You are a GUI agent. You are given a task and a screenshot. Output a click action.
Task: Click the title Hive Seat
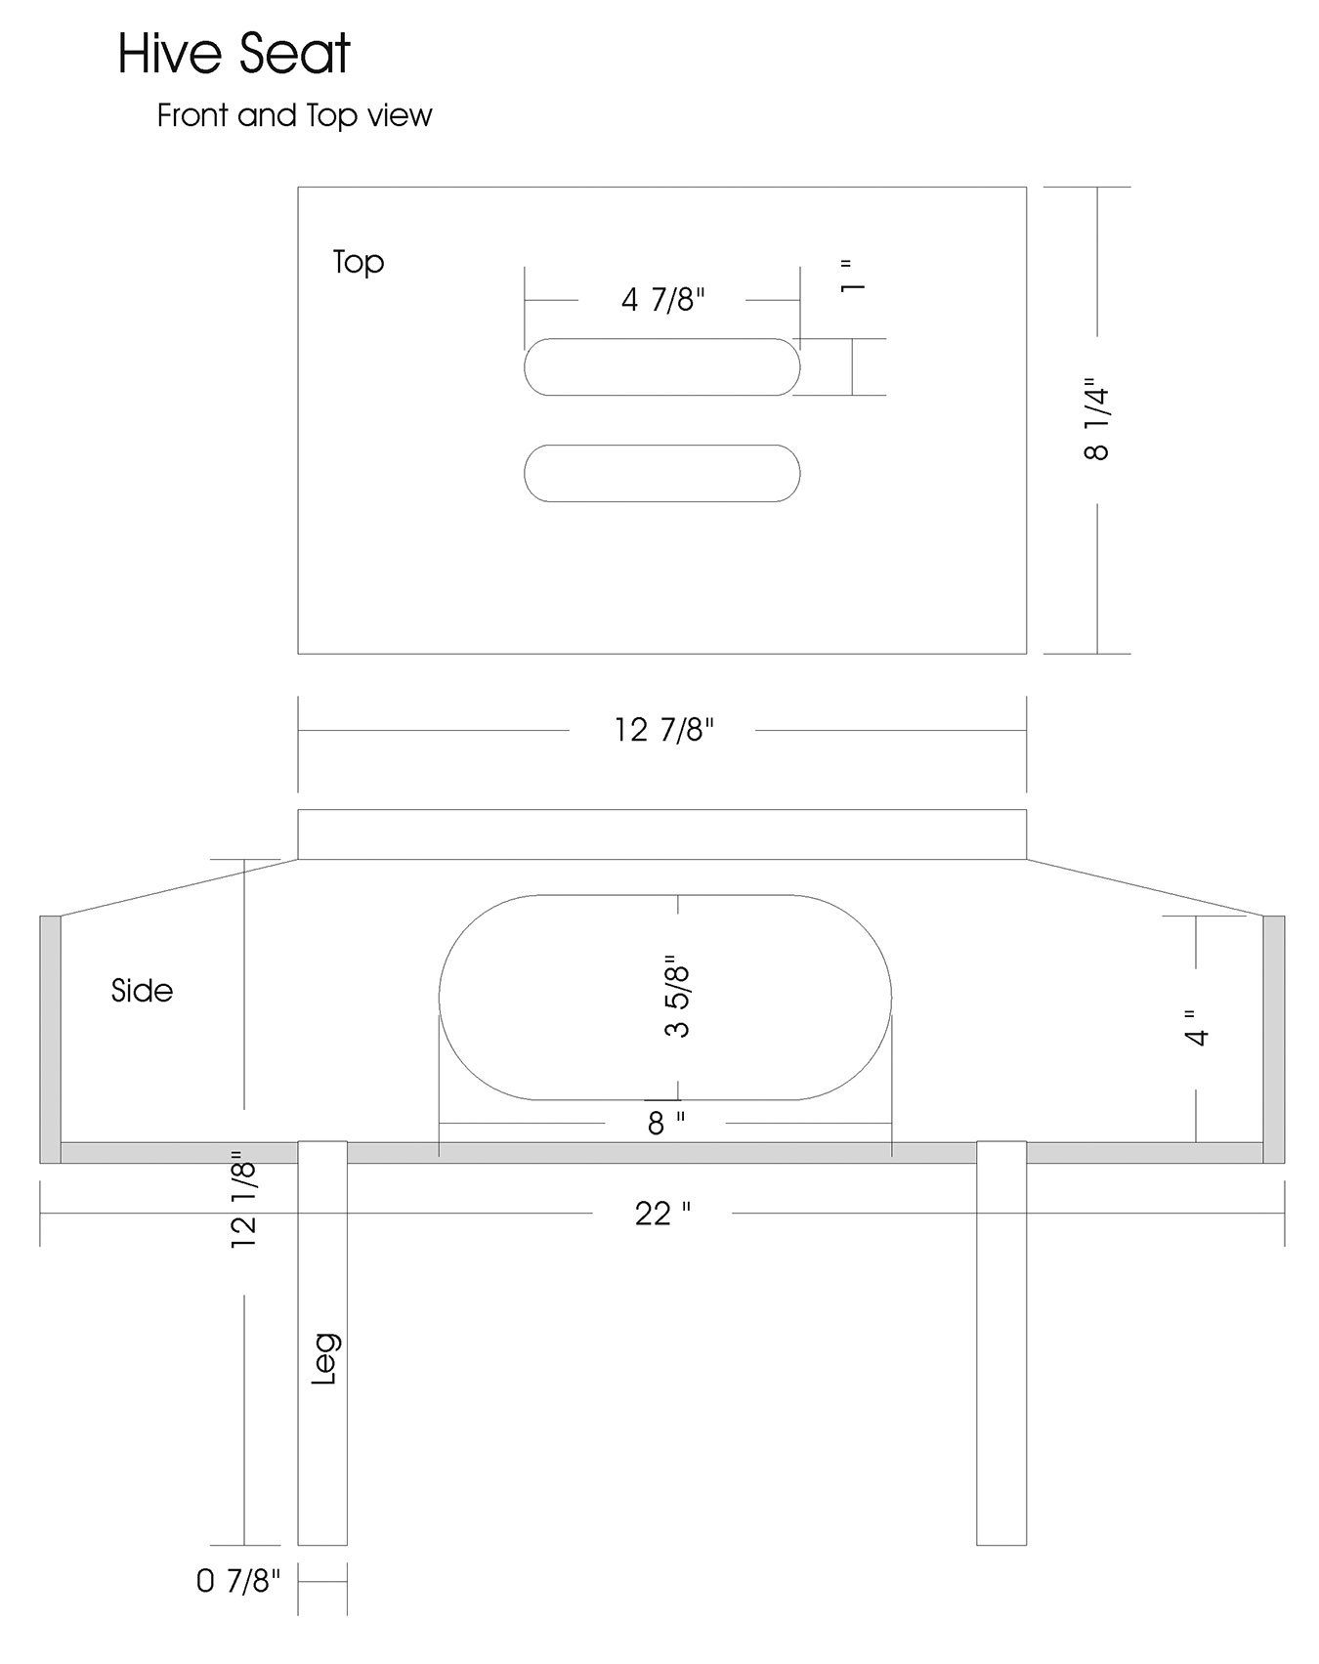click(x=234, y=54)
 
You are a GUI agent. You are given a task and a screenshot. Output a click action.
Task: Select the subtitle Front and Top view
click(x=294, y=115)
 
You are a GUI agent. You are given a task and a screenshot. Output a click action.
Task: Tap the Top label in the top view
click(x=359, y=262)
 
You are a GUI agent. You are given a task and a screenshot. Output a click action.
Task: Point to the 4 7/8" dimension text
click(x=662, y=299)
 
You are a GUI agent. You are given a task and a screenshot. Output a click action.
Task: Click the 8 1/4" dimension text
click(x=1097, y=420)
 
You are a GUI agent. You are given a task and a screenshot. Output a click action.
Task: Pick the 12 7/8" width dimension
click(x=663, y=729)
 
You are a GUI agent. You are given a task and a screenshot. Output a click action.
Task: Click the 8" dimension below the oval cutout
click(x=666, y=1124)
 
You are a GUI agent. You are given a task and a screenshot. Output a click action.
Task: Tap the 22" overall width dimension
click(x=662, y=1214)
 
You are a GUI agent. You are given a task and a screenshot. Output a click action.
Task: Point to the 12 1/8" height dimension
click(x=243, y=1198)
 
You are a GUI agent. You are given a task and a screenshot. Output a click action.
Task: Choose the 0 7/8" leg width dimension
click(x=238, y=1580)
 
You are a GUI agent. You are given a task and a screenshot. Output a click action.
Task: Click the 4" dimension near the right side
click(x=1197, y=1027)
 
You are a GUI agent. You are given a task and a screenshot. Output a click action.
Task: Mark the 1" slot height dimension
click(x=852, y=276)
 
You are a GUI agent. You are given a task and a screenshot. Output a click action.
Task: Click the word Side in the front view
click(x=142, y=991)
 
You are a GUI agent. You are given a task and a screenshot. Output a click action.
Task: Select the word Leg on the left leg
click(x=324, y=1358)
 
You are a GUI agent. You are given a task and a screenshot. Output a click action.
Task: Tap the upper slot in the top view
click(x=662, y=366)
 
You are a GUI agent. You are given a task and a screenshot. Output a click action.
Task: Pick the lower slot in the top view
click(x=662, y=473)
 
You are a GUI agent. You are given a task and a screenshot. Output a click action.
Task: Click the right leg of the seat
click(x=1001, y=1343)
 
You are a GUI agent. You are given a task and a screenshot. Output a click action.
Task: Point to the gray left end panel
click(x=50, y=1039)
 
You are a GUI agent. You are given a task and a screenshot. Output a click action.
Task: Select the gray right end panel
click(x=1274, y=1039)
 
